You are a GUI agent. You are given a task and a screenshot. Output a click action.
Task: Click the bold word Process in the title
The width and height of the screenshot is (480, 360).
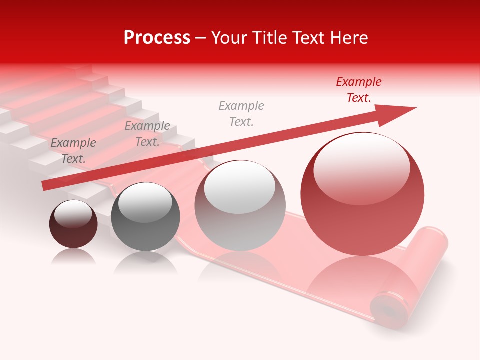[157, 38]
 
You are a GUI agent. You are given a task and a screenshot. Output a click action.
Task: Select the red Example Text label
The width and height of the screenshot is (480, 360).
[358, 90]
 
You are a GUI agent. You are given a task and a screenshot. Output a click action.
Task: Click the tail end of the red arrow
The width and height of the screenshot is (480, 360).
[46, 185]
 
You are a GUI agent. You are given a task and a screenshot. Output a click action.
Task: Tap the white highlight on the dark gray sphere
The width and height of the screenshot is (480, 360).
[145, 202]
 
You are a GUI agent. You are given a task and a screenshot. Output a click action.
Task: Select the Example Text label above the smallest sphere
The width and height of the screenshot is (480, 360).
[73, 151]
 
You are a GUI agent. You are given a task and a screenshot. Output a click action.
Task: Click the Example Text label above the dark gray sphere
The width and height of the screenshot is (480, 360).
[147, 134]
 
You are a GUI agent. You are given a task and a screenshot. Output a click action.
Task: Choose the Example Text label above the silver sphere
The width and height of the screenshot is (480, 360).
[241, 114]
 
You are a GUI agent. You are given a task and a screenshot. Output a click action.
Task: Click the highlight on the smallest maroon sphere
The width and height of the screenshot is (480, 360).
[73, 214]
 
